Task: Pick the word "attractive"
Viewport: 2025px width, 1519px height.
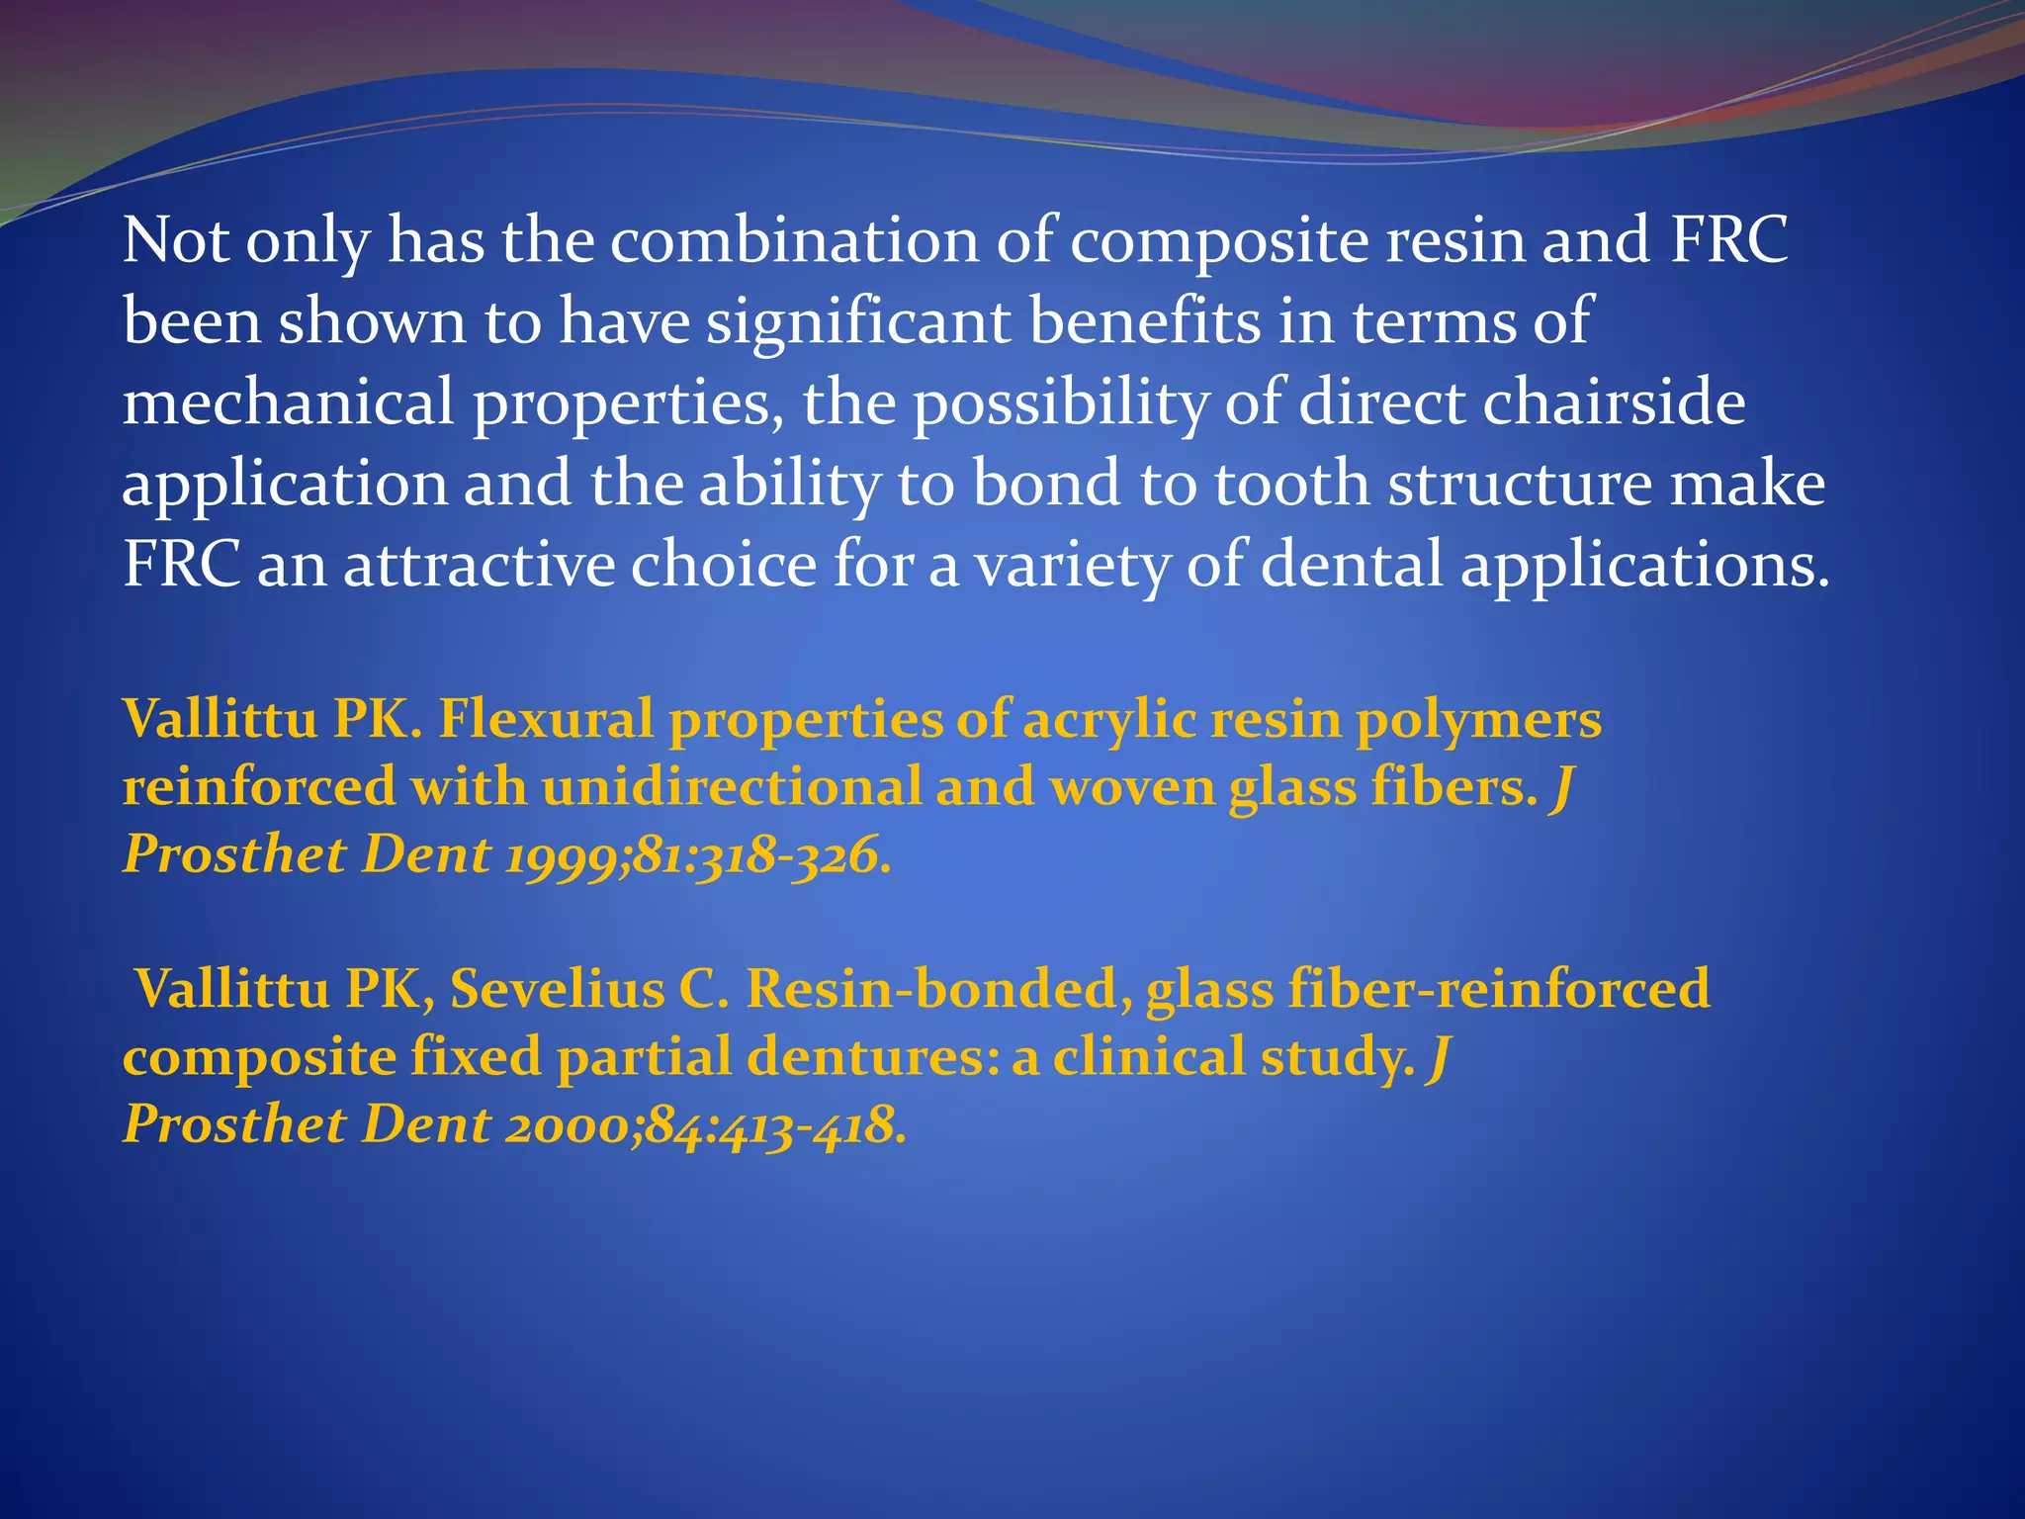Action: point(479,566)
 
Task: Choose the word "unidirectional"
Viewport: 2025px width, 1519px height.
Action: point(731,787)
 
